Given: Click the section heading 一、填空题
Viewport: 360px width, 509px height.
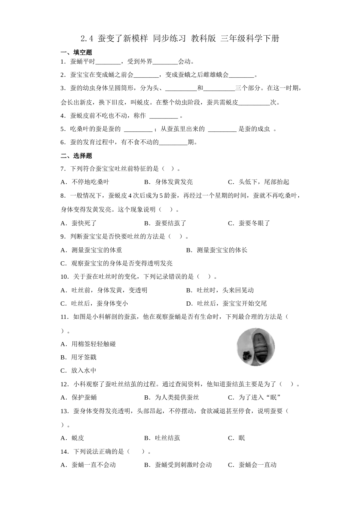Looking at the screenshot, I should pyautogui.click(x=76, y=52).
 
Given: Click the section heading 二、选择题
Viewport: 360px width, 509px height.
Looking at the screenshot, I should pyautogui.click(x=76, y=156).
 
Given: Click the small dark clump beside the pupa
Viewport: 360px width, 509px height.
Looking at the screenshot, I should pyautogui.click(x=245, y=355).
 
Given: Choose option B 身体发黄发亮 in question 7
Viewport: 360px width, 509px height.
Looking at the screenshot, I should pyautogui.click(x=169, y=182).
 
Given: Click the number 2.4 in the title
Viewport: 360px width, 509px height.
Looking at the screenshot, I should pyautogui.click(x=87, y=38).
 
